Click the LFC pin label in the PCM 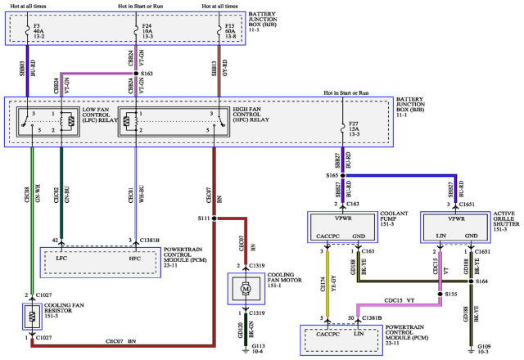[x=61, y=259]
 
